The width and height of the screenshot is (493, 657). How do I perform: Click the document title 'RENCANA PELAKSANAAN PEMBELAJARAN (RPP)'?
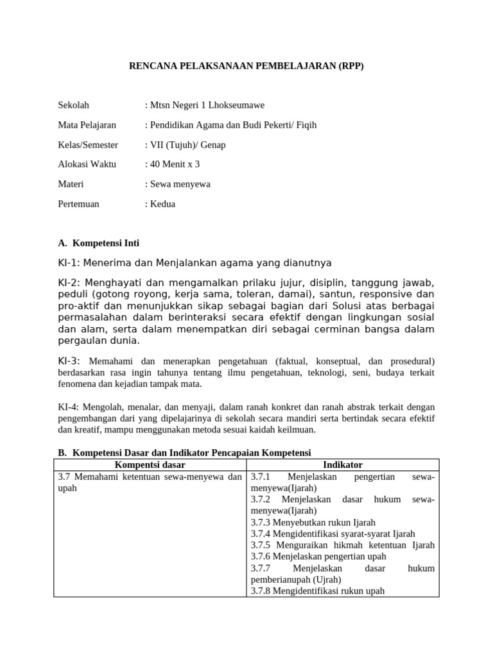point(246,66)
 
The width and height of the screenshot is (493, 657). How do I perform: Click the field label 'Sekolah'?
point(74,105)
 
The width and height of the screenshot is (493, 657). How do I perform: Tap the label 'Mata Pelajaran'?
point(87,125)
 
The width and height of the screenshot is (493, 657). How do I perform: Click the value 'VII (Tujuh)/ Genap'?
point(187,145)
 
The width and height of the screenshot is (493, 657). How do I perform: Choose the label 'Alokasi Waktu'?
point(87,164)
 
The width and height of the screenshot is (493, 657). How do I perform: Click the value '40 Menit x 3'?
point(173,164)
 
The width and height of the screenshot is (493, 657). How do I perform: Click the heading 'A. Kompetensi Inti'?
point(98,243)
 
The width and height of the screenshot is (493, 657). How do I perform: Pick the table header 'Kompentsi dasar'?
point(150,465)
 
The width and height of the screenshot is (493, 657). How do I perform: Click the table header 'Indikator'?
point(343,465)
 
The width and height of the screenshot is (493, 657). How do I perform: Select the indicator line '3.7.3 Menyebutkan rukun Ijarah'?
point(313,522)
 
